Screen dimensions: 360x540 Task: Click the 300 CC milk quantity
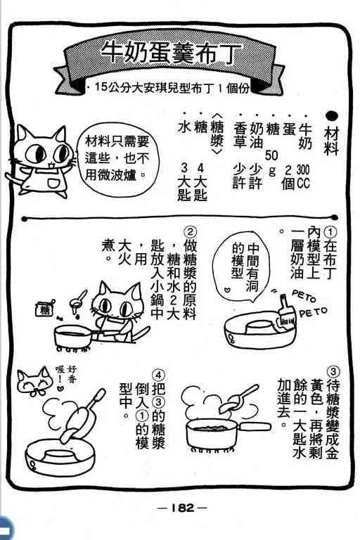point(303,176)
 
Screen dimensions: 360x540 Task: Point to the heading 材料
point(331,141)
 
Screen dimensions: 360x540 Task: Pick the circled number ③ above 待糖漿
point(333,372)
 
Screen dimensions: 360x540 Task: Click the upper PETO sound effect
point(304,296)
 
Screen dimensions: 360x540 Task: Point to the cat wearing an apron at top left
point(40,161)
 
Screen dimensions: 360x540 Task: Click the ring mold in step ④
point(60,457)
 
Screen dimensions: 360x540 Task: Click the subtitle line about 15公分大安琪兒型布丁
point(169,88)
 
